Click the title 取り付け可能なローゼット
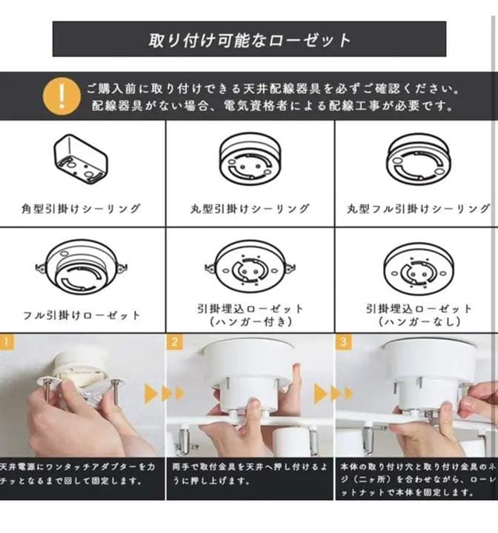(x=249, y=39)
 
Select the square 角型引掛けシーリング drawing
(x=82, y=158)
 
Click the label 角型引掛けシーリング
(x=82, y=209)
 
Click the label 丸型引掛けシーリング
(x=250, y=209)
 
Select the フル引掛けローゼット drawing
(x=82, y=269)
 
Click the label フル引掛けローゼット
(x=82, y=315)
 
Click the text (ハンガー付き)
(x=250, y=322)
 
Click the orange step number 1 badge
(x=6, y=343)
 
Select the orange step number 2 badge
(x=175, y=343)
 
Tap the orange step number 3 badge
(x=344, y=343)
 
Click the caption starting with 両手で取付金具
(x=250, y=474)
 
